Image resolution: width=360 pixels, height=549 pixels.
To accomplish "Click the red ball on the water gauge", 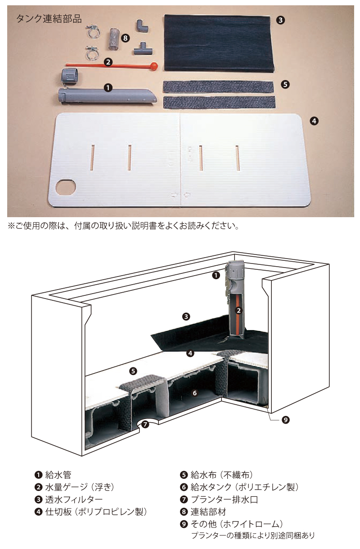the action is [x=154, y=66].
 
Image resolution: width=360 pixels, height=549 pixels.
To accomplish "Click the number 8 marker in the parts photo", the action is [x=125, y=38].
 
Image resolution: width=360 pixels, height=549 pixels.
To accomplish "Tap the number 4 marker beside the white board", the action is [x=314, y=121].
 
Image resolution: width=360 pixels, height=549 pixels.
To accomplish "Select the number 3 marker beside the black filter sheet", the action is [x=280, y=20].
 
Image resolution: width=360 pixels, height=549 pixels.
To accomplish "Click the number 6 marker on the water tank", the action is [x=195, y=393].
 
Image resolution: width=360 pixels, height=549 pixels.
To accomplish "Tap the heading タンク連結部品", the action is [x=49, y=19].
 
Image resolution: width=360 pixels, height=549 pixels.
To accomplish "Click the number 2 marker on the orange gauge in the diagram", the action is [x=238, y=311].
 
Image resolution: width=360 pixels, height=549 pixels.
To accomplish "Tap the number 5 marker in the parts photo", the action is [x=285, y=85].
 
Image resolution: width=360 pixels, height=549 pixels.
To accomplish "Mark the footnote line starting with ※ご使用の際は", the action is [x=123, y=226].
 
